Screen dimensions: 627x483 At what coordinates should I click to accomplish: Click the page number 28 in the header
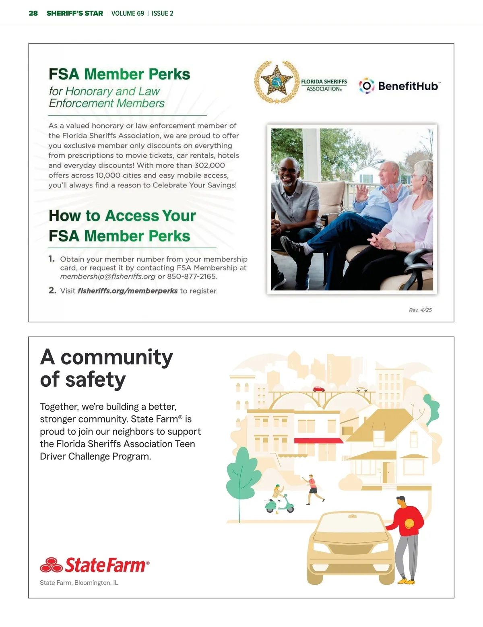point(33,13)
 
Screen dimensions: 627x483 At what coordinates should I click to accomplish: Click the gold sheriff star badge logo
point(276,82)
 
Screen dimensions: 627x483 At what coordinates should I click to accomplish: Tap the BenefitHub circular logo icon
point(366,86)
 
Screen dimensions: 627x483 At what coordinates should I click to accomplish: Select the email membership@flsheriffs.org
point(107,276)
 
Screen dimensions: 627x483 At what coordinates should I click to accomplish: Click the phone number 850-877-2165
point(192,276)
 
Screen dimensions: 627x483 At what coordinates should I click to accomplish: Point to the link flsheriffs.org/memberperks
point(127,291)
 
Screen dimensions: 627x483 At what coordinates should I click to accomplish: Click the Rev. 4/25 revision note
point(420,310)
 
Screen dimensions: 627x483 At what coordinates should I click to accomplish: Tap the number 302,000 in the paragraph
point(209,165)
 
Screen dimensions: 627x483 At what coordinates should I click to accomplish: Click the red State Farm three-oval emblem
point(51,565)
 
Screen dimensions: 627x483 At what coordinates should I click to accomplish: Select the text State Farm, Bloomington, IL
point(79,583)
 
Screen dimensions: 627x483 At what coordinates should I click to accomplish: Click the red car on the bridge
point(319,389)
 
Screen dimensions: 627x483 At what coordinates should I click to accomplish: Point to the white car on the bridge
point(361,389)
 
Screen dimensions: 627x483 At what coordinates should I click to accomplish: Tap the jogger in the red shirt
point(312,488)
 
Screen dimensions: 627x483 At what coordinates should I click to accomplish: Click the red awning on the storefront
point(318,441)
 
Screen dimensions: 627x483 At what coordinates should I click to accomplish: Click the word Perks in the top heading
point(169,74)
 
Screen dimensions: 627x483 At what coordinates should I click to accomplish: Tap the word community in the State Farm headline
point(116,357)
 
